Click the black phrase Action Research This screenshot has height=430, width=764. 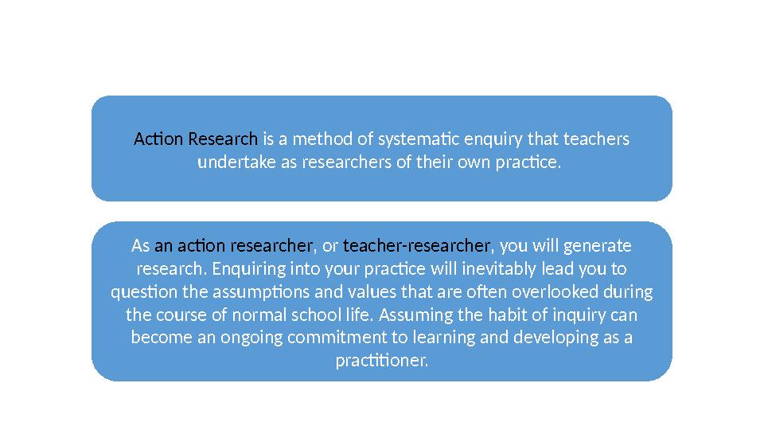[x=196, y=140]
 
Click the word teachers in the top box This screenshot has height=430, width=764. [x=596, y=140]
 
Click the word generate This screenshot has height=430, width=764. [x=599, y=244]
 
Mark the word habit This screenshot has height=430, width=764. [x=505, y=315]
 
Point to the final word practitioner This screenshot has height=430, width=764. [x=382, y=361]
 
